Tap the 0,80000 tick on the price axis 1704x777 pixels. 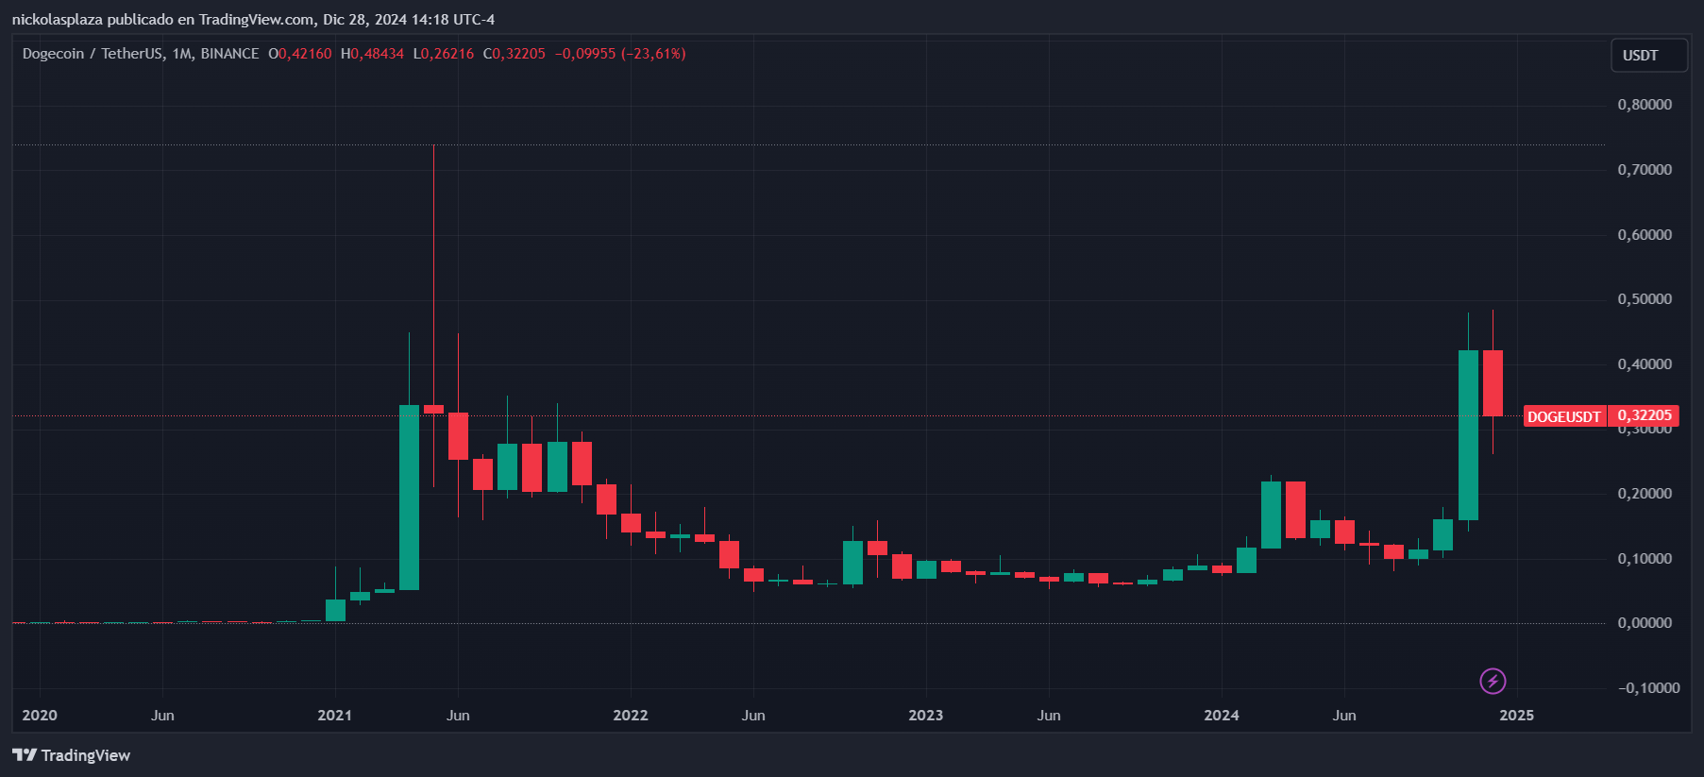coord(1645,105)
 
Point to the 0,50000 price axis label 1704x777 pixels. coord(1645,299)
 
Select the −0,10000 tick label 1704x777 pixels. coord(1648,688)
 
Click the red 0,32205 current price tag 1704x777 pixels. coord(1644,416)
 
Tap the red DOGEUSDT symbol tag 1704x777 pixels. coord(1564,416)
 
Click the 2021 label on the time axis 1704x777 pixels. coord(334,716)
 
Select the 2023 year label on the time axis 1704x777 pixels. coord(925,716)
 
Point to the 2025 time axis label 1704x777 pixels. coord(1516,716)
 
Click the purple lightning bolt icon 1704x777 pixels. coord(1493,681)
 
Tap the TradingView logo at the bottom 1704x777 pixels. coord(72,755)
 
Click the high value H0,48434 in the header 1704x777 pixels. coord(372,54)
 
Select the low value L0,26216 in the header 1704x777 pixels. coord(444,54)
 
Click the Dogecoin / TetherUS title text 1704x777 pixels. coord(93,54)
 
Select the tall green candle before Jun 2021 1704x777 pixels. coord(409,497)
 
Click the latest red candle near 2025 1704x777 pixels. coord(1493,382)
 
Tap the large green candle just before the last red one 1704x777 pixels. coord(1468,434)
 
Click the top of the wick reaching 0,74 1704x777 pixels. coord(433,147)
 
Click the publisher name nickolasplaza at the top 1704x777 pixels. coord(57,19)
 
